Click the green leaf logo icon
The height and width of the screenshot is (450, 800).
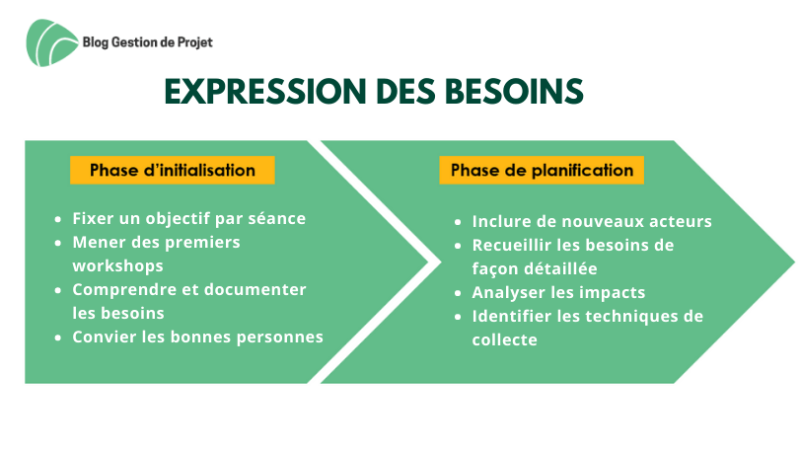[x=52, y=42]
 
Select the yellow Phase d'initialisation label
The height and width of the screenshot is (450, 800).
[x=173, y=170]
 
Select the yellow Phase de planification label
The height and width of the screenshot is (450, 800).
[x=542, y=170]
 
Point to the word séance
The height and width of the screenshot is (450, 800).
[x=276, y=218]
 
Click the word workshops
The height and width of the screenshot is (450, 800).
[x=117, y=265]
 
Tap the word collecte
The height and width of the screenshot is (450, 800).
[x=505, y=339]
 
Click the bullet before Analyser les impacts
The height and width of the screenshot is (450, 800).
[x=458, y=293]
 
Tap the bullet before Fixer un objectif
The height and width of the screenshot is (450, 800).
[x=58, y=219]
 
